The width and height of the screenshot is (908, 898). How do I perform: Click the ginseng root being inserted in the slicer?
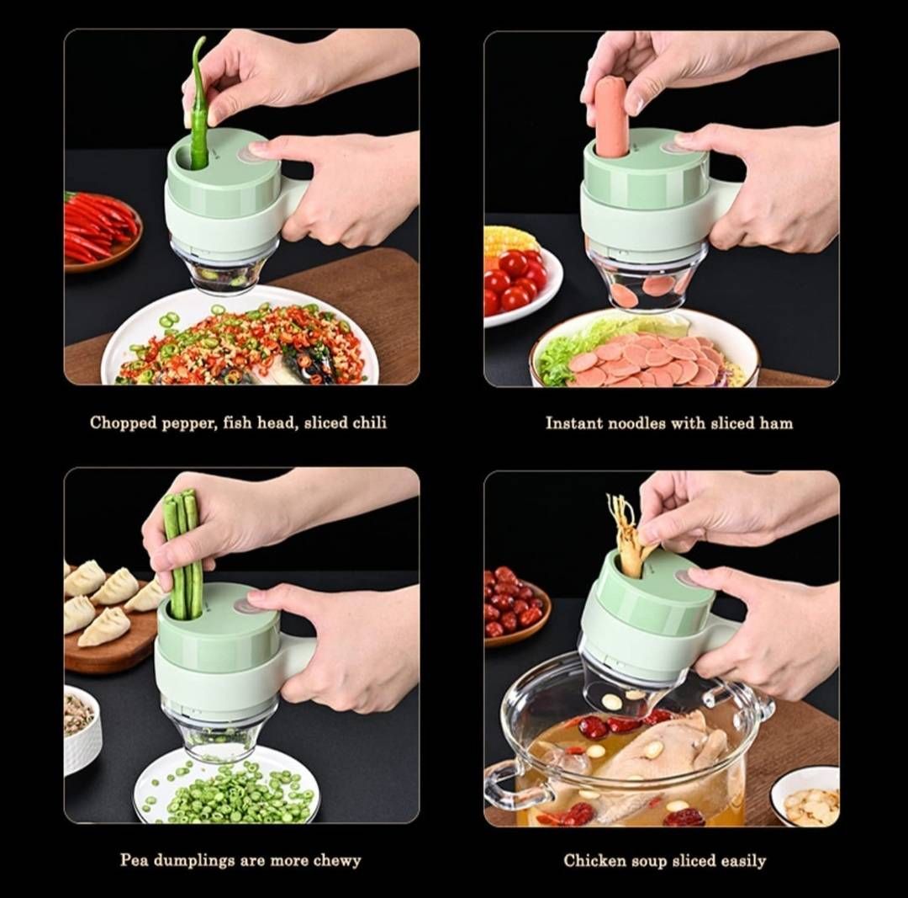629,534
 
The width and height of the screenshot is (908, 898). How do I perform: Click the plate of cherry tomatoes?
520,282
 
